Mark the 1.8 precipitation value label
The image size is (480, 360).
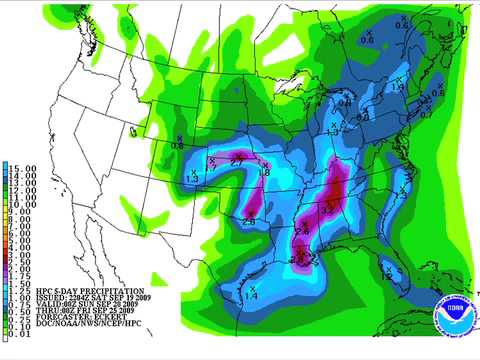[265, 173]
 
